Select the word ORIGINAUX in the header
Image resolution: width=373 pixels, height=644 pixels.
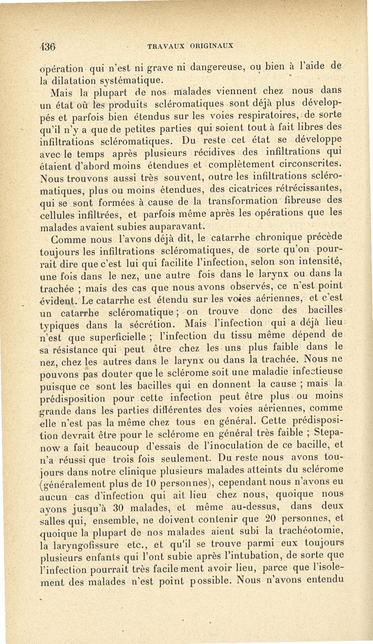[213, 47]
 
